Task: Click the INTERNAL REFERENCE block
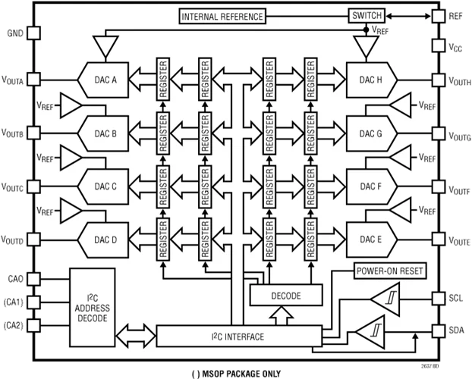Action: [x=222, y=16]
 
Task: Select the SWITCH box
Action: [x=367, y=15]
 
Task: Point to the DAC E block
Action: [x=370, y=240]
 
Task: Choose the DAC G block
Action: [x=370, y=134]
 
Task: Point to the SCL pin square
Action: [x=438, y=297]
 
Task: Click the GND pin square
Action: [x=33, y=33]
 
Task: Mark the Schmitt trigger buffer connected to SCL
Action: [x=386, y=299]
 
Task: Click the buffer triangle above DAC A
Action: [x=105, y=45]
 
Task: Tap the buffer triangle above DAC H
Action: [x=367, y=45]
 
